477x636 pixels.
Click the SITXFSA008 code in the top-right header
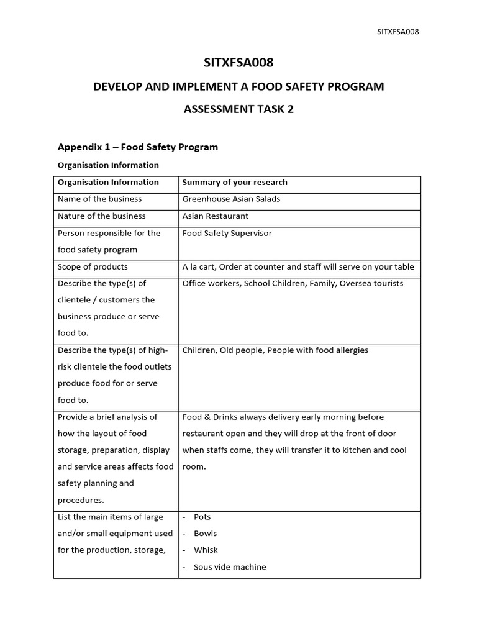398,32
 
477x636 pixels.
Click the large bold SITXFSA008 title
238,63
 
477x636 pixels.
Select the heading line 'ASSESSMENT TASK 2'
238,110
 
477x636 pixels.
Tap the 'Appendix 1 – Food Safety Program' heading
138,147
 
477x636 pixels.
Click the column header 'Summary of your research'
235,183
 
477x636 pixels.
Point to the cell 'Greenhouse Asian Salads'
231,199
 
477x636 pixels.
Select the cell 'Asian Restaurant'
215,216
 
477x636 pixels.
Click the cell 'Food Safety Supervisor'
227,234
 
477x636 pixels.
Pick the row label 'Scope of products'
93,267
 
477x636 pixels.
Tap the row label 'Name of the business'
99,199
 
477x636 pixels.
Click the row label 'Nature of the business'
101,216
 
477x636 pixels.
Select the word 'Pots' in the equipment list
202,517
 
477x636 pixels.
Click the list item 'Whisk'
206,550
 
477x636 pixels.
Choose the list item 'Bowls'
205,534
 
